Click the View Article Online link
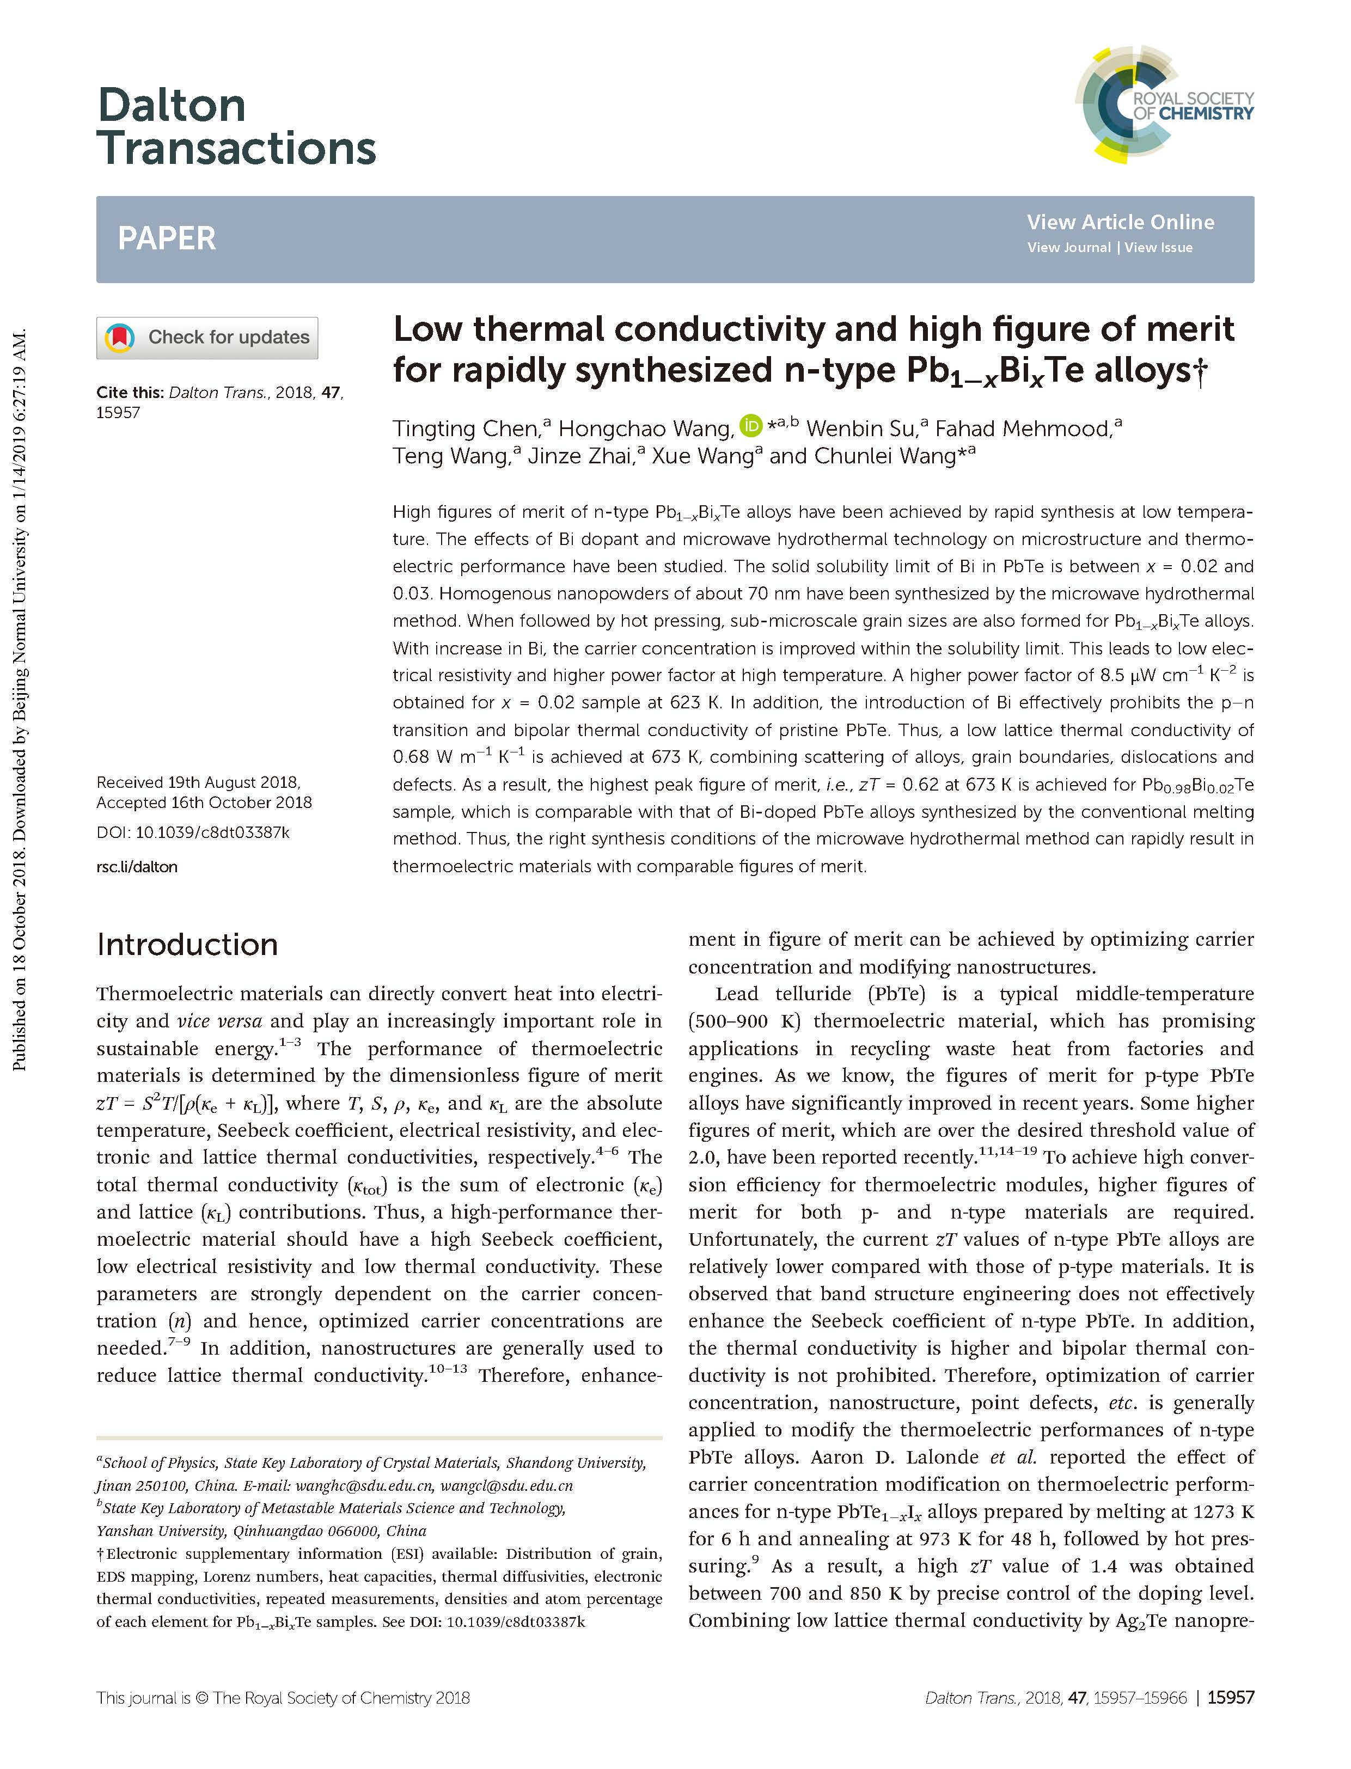[x=1120, y=222]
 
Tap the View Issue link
[x=1158, y=248]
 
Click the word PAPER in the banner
[x=167, y=239]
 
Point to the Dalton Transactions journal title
[x=236, y=127]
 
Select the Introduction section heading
[x=187, y=944]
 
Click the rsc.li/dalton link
[x=137, y=867]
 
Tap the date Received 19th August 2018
[x=198, y=782]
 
